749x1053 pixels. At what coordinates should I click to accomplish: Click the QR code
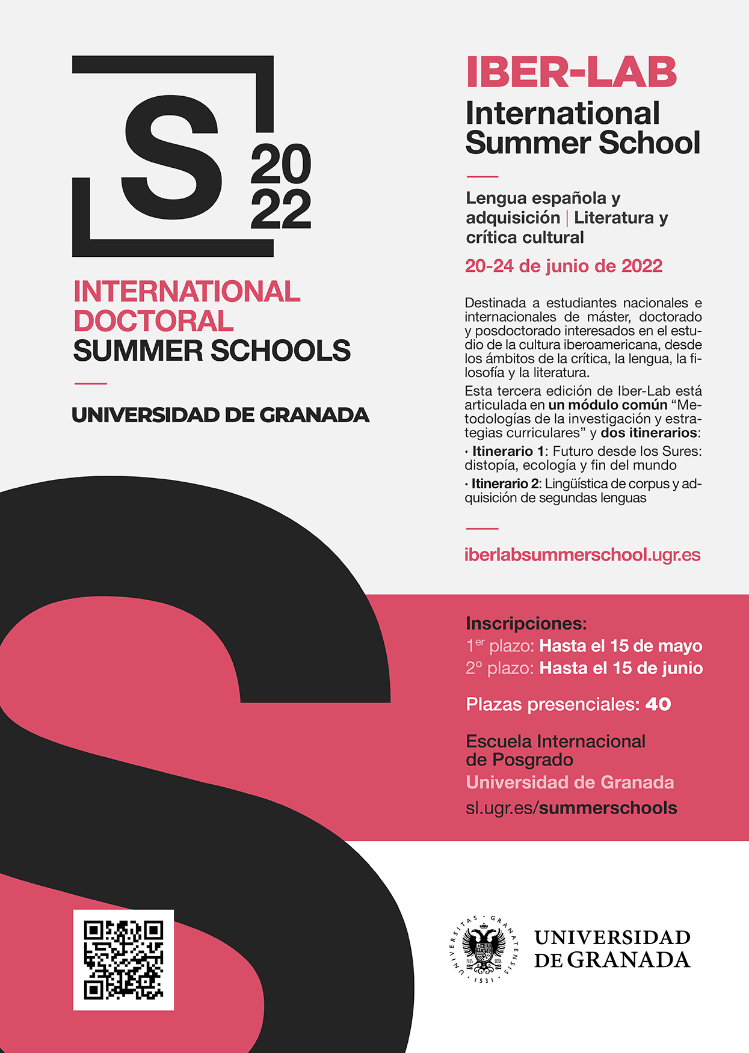pyautogui.click(x=123, y=960)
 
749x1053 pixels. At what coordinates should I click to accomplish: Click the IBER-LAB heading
pyautogui.click(x=572, y=73)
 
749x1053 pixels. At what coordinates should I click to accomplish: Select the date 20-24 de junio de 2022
pyautogui.click(x=564, y=266)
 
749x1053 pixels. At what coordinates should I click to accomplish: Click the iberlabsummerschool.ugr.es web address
pyautogui.click(x=582, y=554)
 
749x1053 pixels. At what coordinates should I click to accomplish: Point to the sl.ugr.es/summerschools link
pyautogui.click(x=572, y=808)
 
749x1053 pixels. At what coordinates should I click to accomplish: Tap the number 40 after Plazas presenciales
pyautogui.click(x=658, y=704)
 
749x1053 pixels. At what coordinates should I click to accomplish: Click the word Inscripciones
pyautogui.click(x=526, y=623)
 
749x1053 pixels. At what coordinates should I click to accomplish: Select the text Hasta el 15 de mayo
pyautogui.click(x=621, y=646)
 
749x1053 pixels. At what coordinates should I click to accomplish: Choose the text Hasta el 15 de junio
pyautogui.click(x=621, y=668)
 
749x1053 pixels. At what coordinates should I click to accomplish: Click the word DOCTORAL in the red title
pyautogui.click(x=153, y=321)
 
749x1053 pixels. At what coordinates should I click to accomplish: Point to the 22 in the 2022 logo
pyautogui.click(x=281, y=210)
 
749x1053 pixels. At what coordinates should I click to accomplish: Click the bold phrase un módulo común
pyautogui.click(x=608, y=405)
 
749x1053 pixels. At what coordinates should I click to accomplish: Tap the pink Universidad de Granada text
pyautogui.click(x=570, y=782)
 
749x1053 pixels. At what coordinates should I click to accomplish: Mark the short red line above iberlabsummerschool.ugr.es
pyautogui.click(x=482, y=529)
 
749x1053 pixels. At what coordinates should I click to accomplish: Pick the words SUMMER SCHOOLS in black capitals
pyautogui.click(x=212, y=351)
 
